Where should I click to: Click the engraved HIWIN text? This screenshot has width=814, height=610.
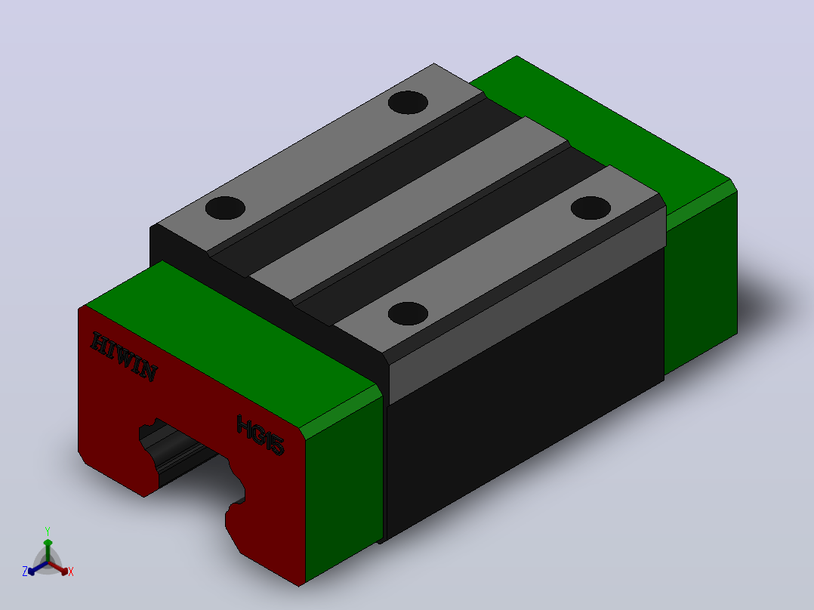(124, 356)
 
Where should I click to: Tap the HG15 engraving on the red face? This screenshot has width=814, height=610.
(260, 435)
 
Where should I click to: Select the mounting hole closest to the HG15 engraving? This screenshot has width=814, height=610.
(408, 313)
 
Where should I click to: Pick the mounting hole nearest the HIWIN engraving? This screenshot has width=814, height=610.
(225, 208)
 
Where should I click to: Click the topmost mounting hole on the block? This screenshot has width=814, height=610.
(408, 102)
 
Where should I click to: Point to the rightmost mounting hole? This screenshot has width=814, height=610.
(590, 208)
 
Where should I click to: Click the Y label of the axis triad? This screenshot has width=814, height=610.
(48, 531)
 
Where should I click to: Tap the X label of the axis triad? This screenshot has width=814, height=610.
(71, 571)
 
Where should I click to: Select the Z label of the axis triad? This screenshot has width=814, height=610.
(25, 571)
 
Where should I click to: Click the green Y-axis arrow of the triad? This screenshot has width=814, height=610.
(48, 550)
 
